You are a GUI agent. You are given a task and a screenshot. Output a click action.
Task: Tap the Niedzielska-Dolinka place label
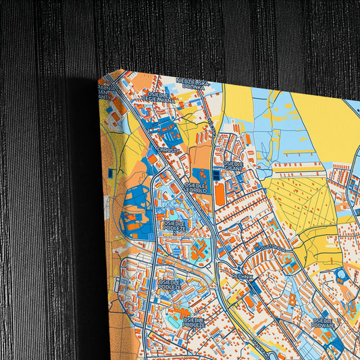(193, 83)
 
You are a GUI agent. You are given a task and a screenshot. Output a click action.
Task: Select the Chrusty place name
(168, 149)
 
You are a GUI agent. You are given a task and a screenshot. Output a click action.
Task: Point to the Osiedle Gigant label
(233, 165)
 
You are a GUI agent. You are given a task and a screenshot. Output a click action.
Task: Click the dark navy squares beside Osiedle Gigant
(215, 175)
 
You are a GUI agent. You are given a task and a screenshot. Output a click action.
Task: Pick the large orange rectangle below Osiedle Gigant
(220, 194)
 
